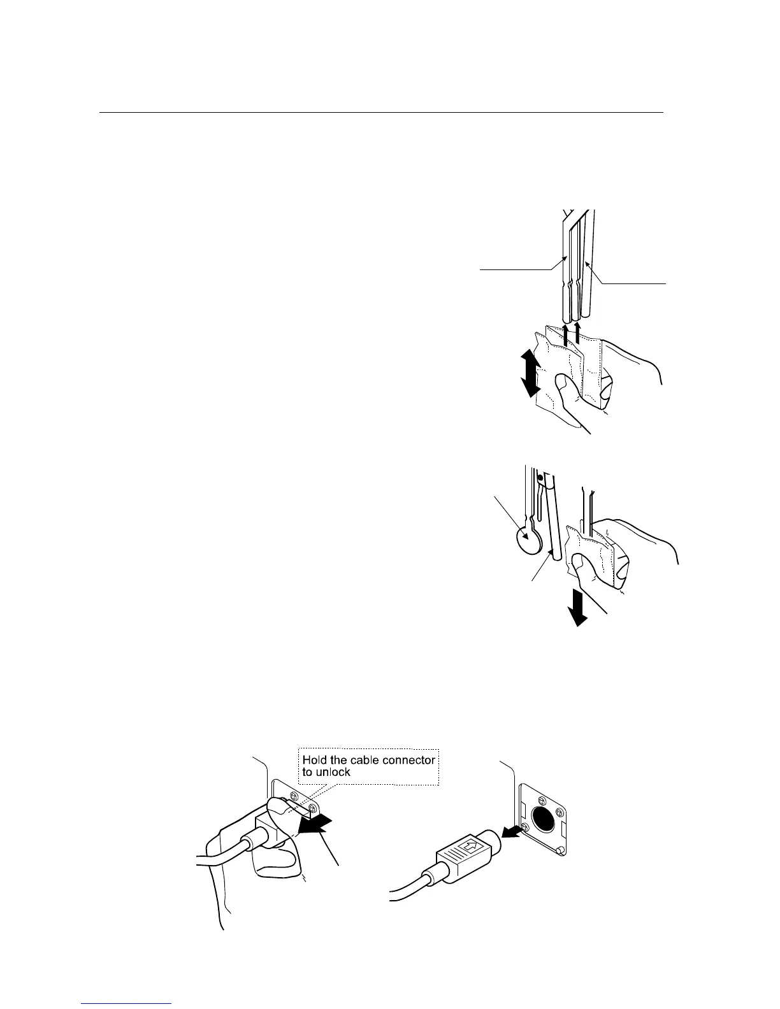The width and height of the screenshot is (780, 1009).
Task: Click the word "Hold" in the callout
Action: pos(315,760)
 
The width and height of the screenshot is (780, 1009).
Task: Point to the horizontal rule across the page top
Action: pos(381,113)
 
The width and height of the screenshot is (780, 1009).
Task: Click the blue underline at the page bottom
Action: pos(127,1004)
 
